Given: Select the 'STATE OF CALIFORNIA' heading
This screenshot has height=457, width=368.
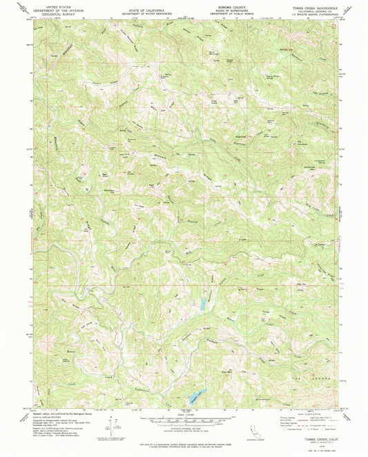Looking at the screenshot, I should pos(146,12).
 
